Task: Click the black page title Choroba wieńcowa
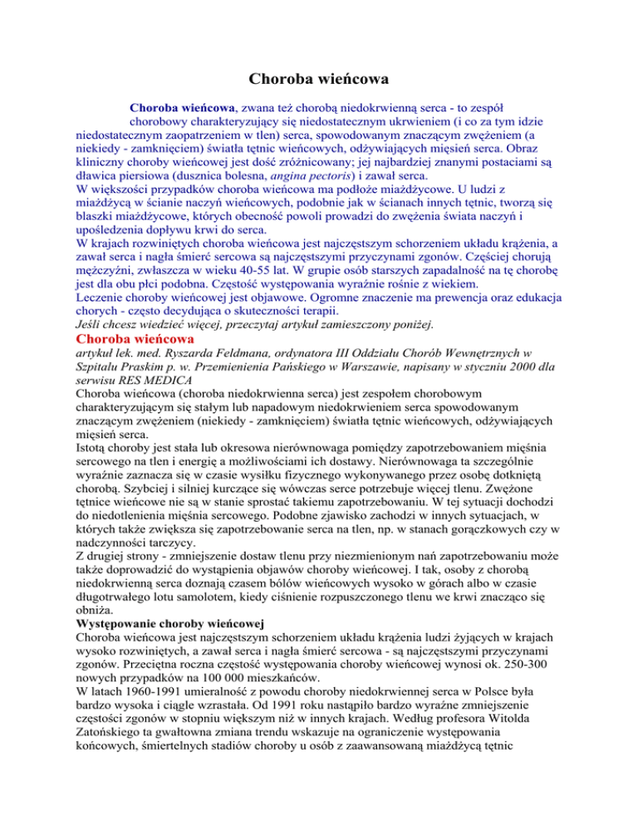click(319, 81)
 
